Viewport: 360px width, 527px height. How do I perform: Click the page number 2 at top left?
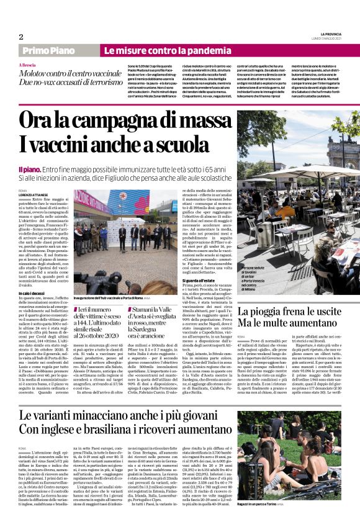tap(21, 37)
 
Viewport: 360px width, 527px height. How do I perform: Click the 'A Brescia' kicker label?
tap(27, 65)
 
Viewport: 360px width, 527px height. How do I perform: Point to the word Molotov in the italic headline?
tap(37, 74)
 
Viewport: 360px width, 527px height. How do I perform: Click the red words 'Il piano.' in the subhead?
tap(30, 169)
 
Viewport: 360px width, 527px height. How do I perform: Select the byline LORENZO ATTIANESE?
tap(33, 195)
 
